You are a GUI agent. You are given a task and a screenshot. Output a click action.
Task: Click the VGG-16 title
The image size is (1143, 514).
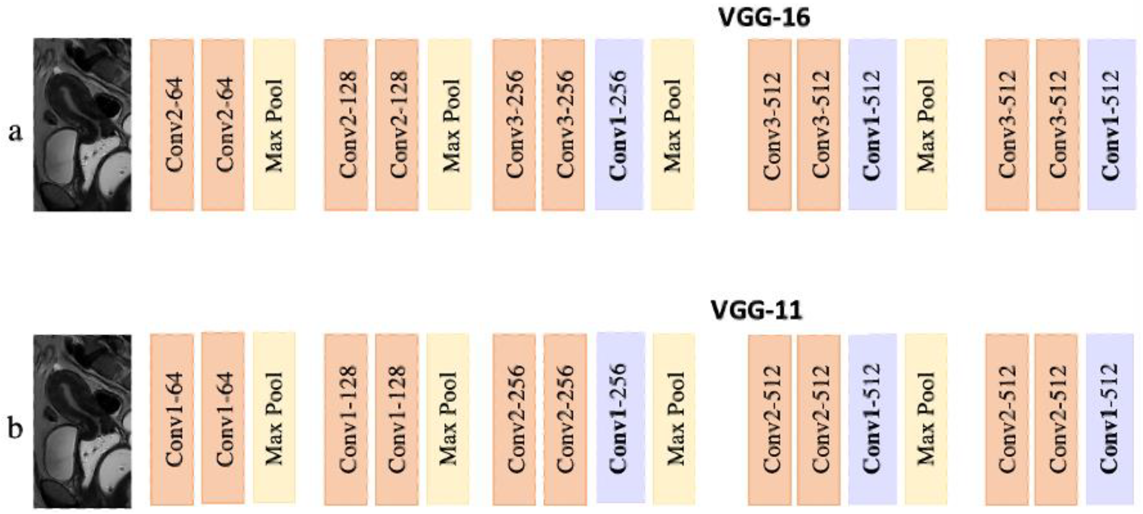[x=764, y=18]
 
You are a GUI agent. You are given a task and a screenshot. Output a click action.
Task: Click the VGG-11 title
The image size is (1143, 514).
[x=757, y=310]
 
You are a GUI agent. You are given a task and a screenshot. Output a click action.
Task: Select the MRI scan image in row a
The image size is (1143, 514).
[x=83, y=125]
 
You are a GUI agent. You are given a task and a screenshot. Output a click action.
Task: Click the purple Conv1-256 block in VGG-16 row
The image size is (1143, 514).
[x=619, y=125]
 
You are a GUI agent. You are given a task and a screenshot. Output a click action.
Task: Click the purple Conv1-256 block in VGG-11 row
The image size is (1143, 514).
[x=620, y=418]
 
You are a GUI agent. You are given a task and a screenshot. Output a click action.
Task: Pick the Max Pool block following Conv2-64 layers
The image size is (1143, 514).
[x=274, y=125]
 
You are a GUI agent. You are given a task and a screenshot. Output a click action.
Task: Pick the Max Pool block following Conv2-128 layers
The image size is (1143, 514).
[x=449, y=125]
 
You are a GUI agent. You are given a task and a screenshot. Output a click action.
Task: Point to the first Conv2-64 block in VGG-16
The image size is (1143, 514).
[x=172, y=125]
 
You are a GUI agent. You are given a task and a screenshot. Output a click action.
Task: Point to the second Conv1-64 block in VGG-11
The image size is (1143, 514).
[x=223, y=418]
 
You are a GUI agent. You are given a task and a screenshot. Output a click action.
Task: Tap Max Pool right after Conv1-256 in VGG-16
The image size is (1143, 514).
[x=672, y=125]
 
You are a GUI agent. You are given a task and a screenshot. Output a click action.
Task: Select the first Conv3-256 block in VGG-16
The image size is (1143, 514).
[x=514, y=125]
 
